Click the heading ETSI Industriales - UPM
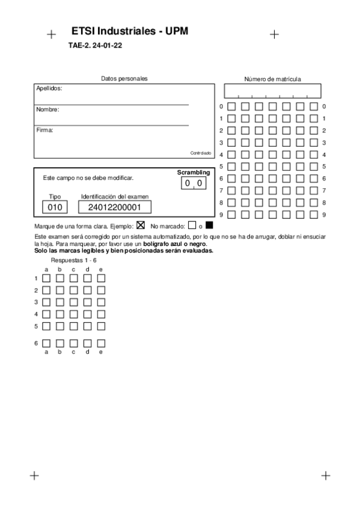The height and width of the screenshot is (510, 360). coord(130,31)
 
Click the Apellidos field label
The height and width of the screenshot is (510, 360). coord(49,88)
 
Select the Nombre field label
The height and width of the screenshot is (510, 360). coord(47,109)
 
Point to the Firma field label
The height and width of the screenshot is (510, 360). coord(45,130)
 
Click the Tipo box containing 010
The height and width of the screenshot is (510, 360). coord(55,207)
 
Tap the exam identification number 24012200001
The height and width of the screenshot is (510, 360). coord(114,207)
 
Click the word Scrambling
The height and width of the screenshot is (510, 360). coord(194,173)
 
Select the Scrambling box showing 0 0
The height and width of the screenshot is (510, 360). coord(194,183)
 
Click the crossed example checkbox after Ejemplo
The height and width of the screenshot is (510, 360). coord(141,226)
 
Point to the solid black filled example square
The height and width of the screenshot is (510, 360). coord(209,226)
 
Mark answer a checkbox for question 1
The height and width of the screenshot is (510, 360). coord(46,278)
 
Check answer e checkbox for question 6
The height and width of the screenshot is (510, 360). coord(101,343)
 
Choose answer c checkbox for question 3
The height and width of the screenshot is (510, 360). coord(73,302)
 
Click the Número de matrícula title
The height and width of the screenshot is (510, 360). coord(272,79)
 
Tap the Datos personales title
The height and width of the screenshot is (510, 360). coord(124,78)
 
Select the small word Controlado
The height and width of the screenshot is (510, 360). coord(201,153)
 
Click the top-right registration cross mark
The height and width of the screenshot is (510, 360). coord(275,34)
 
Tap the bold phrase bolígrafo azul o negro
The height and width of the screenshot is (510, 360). coord(175,244)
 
